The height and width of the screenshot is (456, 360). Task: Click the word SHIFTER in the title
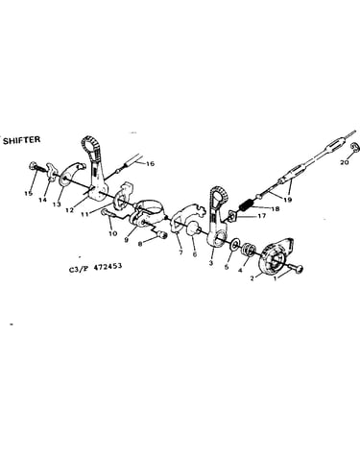click(x=22, y=140)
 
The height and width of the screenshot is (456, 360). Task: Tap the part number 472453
click(x=108, y=266)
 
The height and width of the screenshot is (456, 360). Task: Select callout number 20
click(x=344, y=162)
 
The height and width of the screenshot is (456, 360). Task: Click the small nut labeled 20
click(x=353, y=147)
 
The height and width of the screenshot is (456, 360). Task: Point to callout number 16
click(x=150, y=163)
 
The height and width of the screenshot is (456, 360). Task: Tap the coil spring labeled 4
click(x=249, y=250)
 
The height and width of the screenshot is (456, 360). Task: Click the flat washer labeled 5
click(x=234, y=243)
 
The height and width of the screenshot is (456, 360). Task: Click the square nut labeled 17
click(x=232, y=216)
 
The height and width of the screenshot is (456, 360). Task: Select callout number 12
click(x=69, y=210)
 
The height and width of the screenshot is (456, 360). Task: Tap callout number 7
click(x=180, y=252)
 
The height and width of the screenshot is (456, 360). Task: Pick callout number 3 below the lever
click(x=210, y=263)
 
